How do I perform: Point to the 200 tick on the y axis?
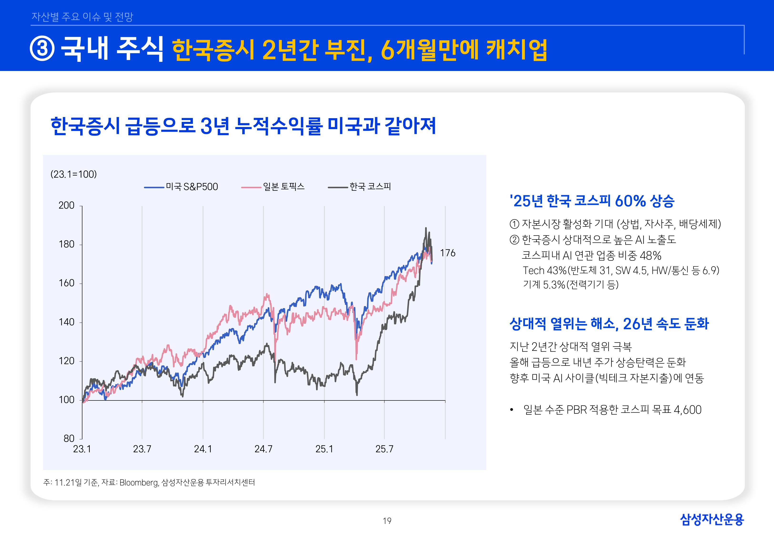[x=66, y=206]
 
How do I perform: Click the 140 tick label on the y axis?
[x=66, y=322]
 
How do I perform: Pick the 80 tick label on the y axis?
[x=69, y=439]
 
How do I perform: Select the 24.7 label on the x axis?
[x=263, y=449]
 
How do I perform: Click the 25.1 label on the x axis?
[x=324, y=449]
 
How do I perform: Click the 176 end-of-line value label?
[x=447, y=253]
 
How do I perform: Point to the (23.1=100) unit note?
[x=74, y=174]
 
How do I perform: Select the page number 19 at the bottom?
[x=387, y=521]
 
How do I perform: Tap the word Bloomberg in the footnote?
[x=139, y=483]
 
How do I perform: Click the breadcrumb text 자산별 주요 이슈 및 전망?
[x=82, y=17]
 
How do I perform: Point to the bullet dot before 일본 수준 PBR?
[x=512, y=410]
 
